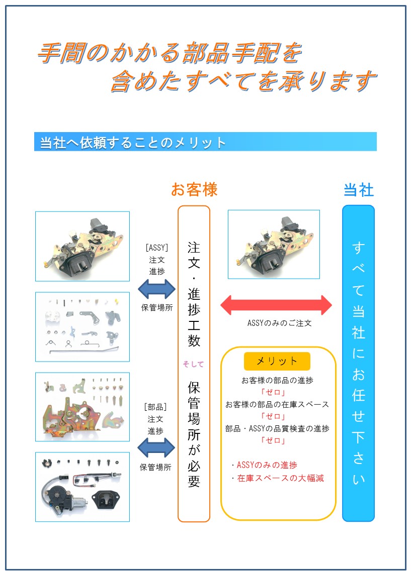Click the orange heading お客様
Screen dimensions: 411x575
pos(194,190)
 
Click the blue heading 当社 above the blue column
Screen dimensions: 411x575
pos(359,190)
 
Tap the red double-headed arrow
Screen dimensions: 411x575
pos(276,305)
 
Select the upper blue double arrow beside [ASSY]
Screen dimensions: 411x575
pos(157,289)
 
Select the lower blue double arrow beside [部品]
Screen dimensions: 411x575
pos(156,447)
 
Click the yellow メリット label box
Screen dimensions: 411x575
pos(277,361)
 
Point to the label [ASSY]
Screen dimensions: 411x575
pos(157,248)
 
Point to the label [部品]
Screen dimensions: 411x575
pos(155,407)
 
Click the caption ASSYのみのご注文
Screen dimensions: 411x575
pos(280,323)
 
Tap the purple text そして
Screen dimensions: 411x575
pos(193,364)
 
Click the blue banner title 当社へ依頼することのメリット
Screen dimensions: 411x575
pos(133,142)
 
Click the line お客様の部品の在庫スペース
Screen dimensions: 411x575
pos(277,404)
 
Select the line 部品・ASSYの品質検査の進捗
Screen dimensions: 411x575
pos(277,428)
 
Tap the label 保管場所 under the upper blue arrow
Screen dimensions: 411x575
pos(157,308)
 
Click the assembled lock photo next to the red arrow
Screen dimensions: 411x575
pos(274,244)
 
